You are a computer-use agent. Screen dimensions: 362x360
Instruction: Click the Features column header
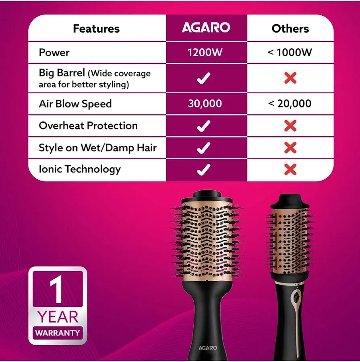(96, 29)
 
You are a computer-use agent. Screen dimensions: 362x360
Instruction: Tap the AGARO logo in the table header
(206, 28)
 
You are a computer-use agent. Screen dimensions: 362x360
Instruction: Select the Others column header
(290, 29)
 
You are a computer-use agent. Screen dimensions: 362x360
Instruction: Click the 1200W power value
(205, 53)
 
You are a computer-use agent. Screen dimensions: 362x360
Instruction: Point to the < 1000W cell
(290, 53)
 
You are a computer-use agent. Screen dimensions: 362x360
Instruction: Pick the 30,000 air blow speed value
(205, 104)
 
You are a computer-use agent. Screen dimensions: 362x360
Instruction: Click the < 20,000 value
(290, 104)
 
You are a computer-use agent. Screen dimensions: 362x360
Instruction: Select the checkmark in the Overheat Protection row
(204, 126)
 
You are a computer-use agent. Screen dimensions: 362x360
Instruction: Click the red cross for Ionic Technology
(290, 169)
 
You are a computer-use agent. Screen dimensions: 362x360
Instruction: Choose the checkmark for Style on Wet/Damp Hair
(204, 148)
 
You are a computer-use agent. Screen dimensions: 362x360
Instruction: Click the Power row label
(54, 53)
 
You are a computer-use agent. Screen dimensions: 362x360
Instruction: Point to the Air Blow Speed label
(75, 104)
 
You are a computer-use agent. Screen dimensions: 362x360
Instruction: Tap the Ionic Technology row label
(79, 169)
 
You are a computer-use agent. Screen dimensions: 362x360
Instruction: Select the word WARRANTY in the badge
(58, 333)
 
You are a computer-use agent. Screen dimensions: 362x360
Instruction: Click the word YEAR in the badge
(58, 317)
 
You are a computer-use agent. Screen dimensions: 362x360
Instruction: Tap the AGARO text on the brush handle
(208, 348)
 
